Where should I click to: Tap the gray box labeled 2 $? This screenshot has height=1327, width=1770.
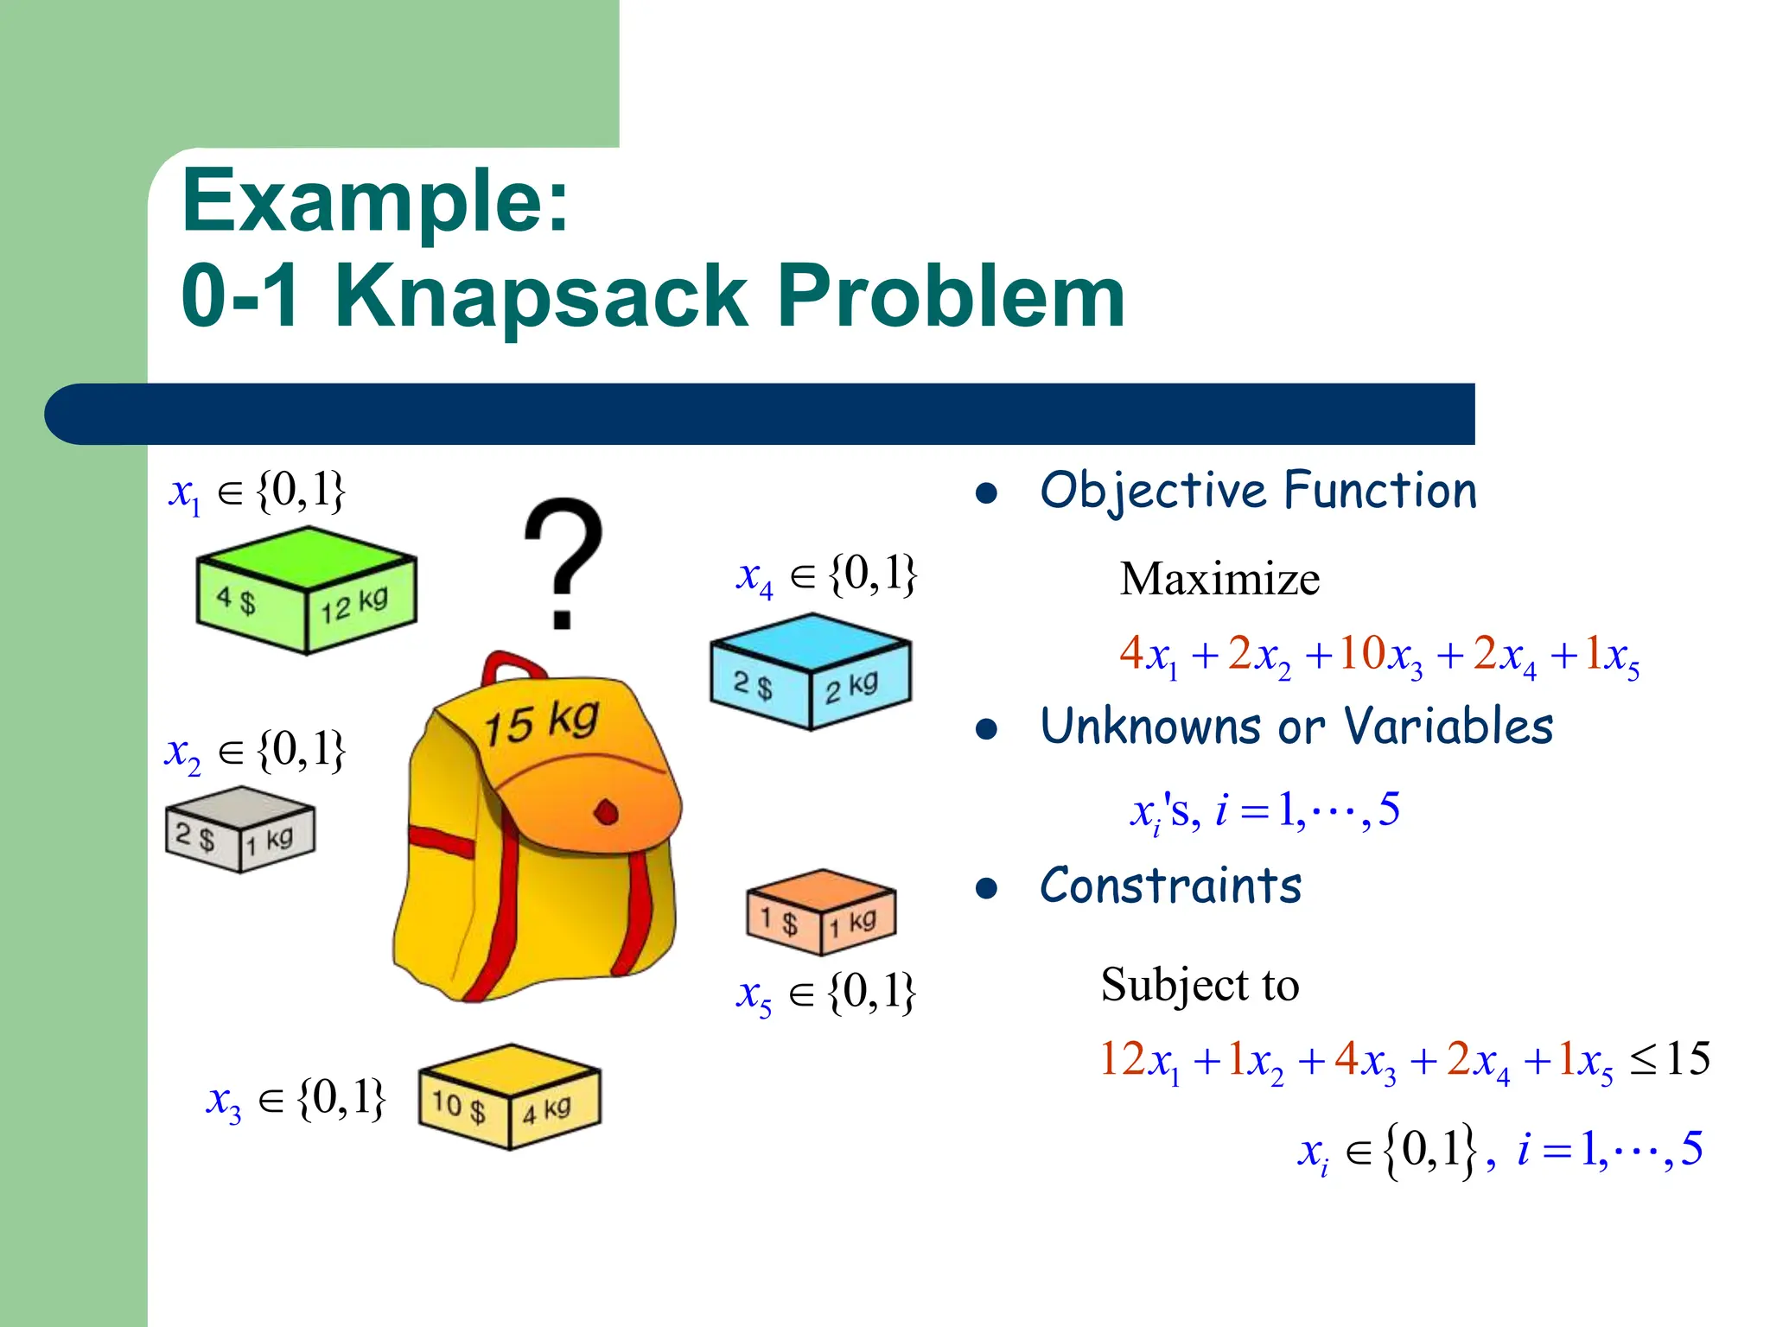click(239, 829)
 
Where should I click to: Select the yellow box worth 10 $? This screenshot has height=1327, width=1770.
click(509, 1096)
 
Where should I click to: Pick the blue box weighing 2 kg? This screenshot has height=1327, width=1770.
click(810, 671)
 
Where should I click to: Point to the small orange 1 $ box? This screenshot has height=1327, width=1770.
click(821, 912)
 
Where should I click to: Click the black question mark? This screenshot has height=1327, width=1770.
click(563, 562)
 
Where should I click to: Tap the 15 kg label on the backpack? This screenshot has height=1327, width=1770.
click(541, 721)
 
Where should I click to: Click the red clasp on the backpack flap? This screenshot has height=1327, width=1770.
click(607, 812)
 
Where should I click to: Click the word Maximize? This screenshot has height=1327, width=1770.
click(1219, 579)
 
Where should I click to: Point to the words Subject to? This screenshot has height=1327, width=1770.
click(1200, 985)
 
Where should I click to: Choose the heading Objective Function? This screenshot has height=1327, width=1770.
click(1258, 491)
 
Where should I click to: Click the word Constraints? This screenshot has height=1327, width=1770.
click(1170, 886)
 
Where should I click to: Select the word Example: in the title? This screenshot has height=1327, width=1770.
click(375, 200)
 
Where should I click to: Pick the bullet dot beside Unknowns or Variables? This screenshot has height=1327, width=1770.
click(986, 729)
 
